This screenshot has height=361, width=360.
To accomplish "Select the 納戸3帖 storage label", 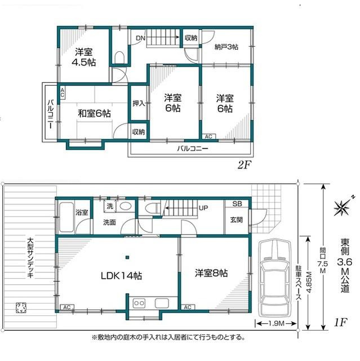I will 226,47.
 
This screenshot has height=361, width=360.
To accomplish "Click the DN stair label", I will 140,38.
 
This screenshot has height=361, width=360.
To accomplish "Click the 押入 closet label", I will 138,103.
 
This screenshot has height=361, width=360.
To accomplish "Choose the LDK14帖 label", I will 121,276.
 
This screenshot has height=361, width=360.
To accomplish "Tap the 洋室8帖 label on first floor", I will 211,272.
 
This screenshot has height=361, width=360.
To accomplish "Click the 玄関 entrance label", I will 235,219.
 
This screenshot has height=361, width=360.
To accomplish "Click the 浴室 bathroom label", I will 81,212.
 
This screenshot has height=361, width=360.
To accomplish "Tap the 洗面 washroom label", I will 109,222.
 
